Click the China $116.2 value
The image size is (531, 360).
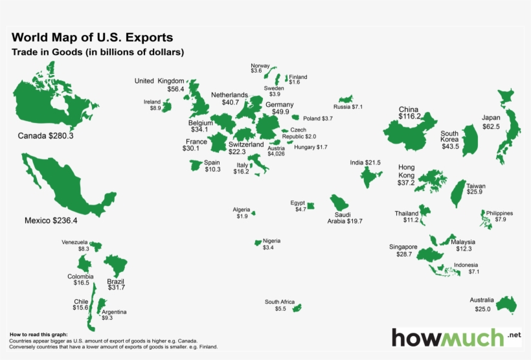(410, 117)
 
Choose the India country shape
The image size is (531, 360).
(371, 175)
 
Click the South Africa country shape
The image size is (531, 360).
(297, 308)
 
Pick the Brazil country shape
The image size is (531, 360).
(117, 265)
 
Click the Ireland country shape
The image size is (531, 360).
(167, 106)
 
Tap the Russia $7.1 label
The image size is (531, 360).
(348, 107)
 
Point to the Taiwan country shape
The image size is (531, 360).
(457, 192)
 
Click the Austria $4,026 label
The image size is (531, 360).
(276, 151)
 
